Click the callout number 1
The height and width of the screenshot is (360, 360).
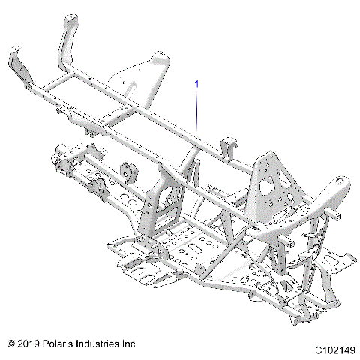(x=197, y=84)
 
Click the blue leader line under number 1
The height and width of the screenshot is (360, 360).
(x=197, y=112)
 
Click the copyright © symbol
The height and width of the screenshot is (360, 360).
(x=10, y=343)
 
